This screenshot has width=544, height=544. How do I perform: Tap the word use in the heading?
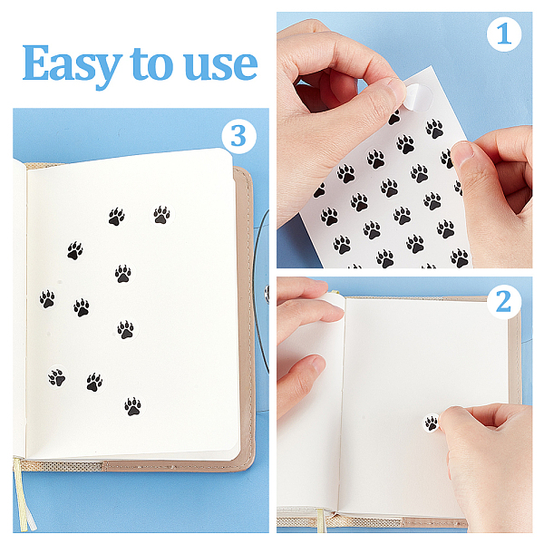point(220,65)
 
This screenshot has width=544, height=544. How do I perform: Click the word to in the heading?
point(151,63)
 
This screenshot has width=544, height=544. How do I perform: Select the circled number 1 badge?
point(504,34)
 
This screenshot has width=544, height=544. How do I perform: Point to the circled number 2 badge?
point(504,302)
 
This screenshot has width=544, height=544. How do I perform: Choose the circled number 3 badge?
point(238,136)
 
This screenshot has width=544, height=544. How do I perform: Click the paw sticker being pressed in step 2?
point(432,423)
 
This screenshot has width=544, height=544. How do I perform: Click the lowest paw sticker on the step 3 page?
point(133,406)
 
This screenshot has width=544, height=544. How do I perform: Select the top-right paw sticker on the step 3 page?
point(162,215)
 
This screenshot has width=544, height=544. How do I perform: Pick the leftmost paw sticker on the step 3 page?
point(47,299)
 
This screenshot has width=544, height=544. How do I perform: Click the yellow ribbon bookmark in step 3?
point(24,497)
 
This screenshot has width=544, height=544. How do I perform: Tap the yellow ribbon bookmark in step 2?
point(321,520)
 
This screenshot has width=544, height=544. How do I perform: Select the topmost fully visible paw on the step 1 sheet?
point(434,129)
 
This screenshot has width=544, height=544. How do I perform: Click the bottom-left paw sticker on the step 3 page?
point(57,377)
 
